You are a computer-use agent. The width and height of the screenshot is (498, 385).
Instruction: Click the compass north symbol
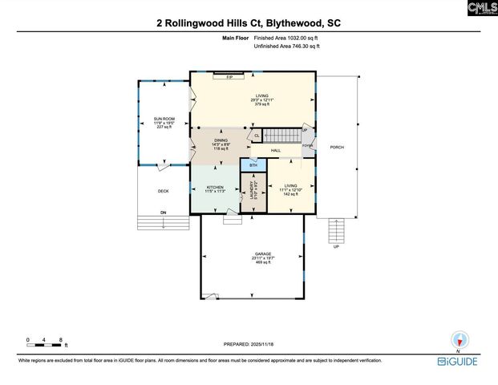460,340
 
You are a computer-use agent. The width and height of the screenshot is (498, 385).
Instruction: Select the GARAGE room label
263,254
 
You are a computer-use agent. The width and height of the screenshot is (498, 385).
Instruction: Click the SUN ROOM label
164,119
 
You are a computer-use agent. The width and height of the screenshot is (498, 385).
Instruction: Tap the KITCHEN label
214,187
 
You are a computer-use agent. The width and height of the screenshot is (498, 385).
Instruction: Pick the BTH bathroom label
253,166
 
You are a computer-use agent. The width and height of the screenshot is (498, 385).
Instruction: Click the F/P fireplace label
229,77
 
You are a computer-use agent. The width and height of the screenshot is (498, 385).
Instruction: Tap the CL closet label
257,136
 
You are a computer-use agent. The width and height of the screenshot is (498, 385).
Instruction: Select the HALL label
275,151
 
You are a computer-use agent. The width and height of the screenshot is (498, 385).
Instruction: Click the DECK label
163,191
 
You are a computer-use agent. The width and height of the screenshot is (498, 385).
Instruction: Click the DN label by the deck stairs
163,212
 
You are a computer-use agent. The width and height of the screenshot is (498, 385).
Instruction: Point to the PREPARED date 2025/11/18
249,344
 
